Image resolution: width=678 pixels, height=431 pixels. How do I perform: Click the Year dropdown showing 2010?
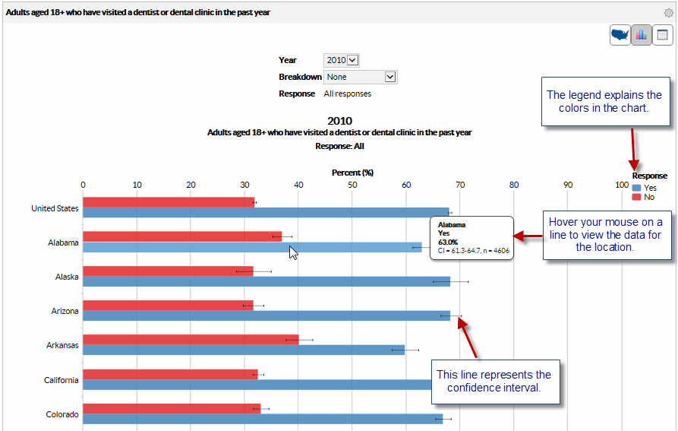(x=341, y=60)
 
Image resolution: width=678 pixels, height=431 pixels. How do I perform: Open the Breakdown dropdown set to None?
(x=360, y=77)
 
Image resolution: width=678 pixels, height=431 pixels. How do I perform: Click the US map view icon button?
(x=620, y=35)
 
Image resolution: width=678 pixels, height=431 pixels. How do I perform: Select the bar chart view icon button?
(x=642, y=35)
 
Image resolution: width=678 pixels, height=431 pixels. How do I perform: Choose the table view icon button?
(x=662, y=35)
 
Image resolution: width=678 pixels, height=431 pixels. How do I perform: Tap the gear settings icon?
(x=669, y=13)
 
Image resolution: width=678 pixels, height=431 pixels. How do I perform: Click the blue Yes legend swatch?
(x=636, y=187)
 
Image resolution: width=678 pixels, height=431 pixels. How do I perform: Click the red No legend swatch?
(x=636, y=197)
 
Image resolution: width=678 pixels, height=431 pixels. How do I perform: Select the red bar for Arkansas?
(x=190, y=339)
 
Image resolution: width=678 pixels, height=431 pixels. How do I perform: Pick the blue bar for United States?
(x=266, y=212)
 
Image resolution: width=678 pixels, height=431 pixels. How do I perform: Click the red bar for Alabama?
(x=182, y=236)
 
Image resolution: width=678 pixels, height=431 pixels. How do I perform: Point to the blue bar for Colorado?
(x=262, y=419)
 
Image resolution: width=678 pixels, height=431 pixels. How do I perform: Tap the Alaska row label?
(x=67, y=277)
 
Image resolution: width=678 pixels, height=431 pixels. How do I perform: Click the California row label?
(x=61, y=380)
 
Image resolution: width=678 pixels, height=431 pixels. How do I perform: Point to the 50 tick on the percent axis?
(x=352, y=185)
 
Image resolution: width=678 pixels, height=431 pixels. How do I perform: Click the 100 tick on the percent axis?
(x=622, y=185)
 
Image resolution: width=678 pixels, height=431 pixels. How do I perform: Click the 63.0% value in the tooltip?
(x=448, y=242)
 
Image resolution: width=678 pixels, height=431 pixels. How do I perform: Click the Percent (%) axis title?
(x=352, y=173)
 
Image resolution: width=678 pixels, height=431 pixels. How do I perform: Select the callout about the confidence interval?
(x=494, y=382)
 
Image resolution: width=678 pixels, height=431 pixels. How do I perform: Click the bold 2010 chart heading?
(x=339, y=120)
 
